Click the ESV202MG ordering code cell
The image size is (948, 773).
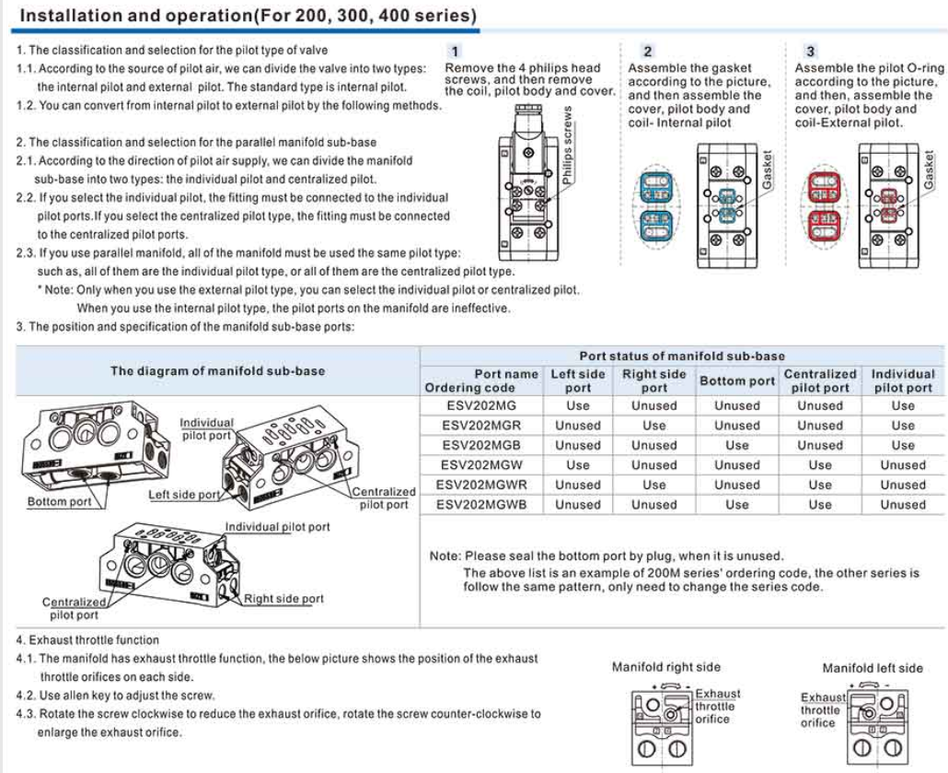coord(480,405)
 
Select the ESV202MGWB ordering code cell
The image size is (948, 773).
coord(480,505)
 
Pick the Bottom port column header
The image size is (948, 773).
coord(737,381)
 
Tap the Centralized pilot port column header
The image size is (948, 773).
coord(820,381)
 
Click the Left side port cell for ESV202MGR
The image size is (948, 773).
coord(578,426)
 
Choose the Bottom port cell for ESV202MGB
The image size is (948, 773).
coord(737,445)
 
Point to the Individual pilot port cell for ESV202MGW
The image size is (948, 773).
coord(903,465)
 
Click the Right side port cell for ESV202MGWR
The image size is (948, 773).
coord(654,485)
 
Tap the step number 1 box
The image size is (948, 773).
coord(455,52)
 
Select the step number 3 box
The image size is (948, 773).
coord(810,52)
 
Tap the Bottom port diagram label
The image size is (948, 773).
coord(59,502)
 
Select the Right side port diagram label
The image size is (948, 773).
coord(283,599)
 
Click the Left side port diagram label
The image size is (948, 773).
coord(184,495)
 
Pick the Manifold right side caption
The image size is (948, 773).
coord(666,667)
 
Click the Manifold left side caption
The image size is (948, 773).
coord(872,667)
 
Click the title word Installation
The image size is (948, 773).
coord(69,17)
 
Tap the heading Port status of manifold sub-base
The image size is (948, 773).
coord(682,356)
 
